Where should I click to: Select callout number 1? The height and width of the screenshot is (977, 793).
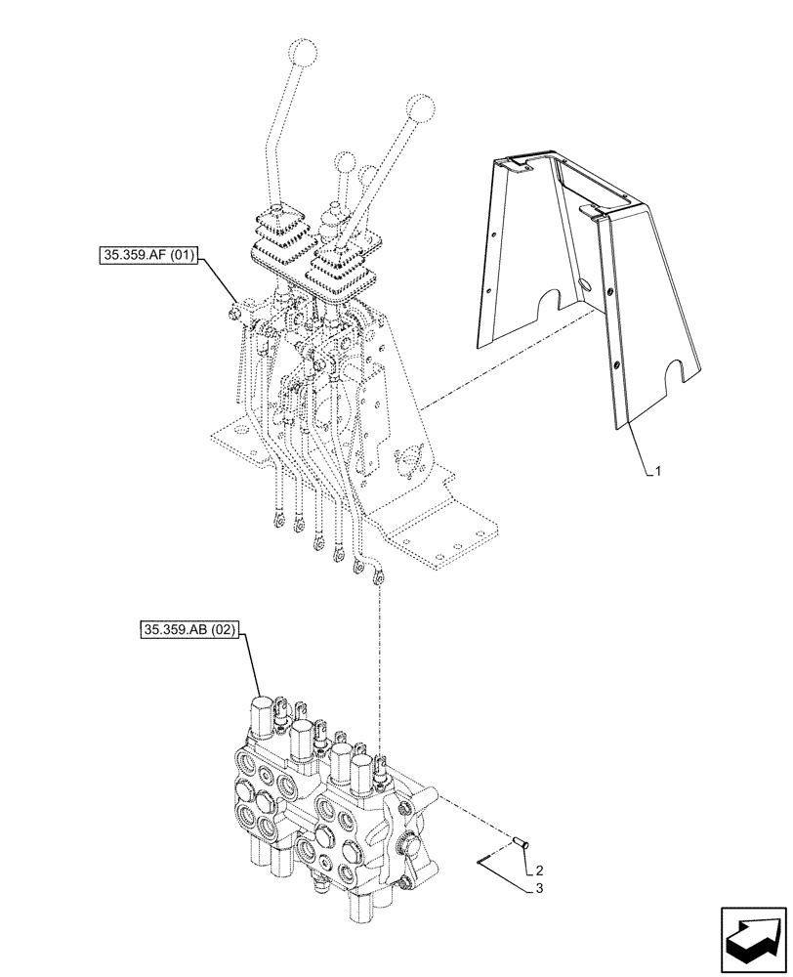[659, 471]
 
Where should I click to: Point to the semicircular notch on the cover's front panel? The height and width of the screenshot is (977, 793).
[675, 371]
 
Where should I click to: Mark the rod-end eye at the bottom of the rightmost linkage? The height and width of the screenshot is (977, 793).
[379, 576]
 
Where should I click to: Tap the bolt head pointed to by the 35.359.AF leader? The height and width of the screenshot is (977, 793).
[235, 313]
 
